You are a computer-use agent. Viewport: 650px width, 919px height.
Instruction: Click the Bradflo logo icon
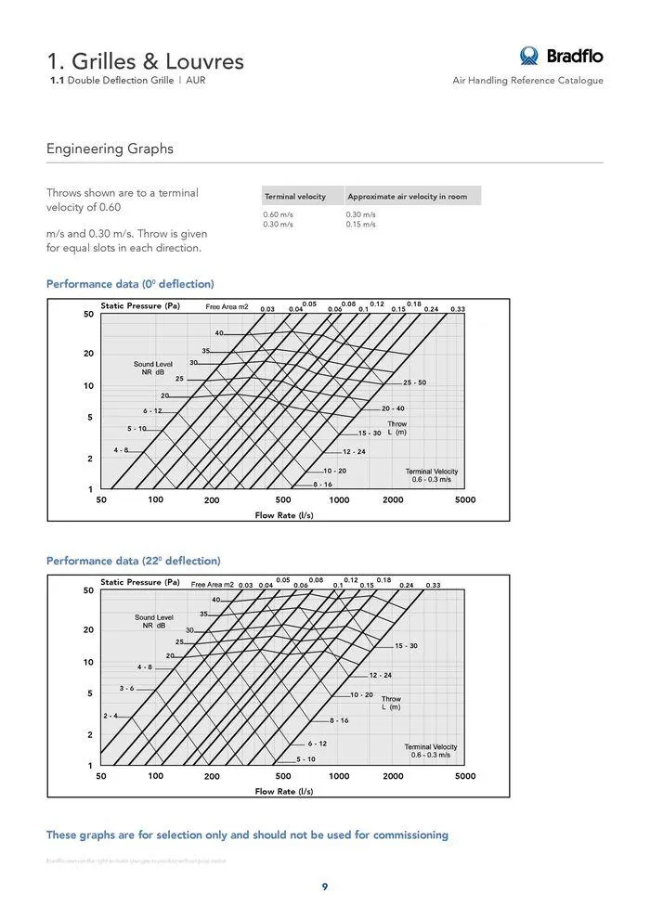point(529,56)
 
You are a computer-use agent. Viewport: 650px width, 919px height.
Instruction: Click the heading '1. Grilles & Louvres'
point(146,61)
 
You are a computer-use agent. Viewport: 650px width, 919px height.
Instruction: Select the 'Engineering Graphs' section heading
point(110,149)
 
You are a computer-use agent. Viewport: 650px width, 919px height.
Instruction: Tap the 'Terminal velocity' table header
point(294,197)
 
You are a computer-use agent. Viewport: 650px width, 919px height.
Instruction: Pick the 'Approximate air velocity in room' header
point(407,197)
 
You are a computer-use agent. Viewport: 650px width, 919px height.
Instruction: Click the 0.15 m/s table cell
point(361,225)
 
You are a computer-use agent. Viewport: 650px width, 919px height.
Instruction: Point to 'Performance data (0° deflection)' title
point(130,283)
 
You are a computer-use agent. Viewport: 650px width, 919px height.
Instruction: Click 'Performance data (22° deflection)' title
point(134,561)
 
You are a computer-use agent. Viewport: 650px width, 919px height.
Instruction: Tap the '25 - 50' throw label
point(414,382)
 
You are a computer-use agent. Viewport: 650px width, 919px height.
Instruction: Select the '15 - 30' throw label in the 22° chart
point(406,645)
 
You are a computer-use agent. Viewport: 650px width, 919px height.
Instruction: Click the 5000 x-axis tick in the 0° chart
point(465,499)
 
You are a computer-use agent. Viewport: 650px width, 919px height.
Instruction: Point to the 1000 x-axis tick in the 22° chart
point(339,776)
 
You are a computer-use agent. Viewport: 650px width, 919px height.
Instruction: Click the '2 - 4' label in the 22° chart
point(110,716)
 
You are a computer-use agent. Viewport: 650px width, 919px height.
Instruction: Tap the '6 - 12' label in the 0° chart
point(152,410)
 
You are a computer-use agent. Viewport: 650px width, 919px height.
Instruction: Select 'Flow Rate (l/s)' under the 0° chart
point(283,515)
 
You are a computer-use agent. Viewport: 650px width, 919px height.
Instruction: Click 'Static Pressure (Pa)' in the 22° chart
point(140,582)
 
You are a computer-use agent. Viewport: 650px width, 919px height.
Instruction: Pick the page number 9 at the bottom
point(325,887)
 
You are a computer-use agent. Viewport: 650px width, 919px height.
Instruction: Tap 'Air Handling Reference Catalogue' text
point(527,81)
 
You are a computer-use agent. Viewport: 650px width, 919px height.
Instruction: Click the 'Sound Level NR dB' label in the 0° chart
point(153,369)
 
